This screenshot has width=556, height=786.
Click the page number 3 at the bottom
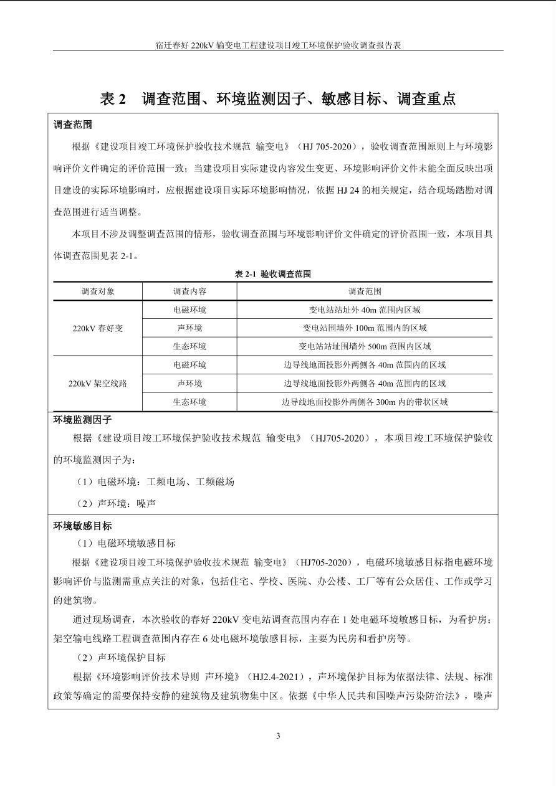(278, 736)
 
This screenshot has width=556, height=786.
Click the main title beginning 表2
(278, 98)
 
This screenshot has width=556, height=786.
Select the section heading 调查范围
(73, 125)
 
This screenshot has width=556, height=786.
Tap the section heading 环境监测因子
(82, 420)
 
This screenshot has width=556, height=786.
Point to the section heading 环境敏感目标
(82, 526)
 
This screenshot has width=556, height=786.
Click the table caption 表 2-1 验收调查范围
(272, 274)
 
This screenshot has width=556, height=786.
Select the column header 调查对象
(98, 291)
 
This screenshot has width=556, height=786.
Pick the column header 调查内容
(189, 291)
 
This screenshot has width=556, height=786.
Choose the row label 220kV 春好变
(98, 328)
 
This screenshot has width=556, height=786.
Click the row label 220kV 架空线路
(98, 384)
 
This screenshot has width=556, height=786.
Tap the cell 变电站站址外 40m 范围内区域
(365, 310)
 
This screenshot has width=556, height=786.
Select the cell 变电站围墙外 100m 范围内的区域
(365, 328)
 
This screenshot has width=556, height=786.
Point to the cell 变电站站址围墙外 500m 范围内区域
(365, 346)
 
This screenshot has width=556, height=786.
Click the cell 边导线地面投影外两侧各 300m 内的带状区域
(365, 402)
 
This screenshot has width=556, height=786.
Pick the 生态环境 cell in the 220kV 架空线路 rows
(189, 402)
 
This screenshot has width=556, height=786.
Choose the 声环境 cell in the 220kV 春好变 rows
(189, 328)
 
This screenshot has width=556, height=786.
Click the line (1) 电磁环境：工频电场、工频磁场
(155, 481)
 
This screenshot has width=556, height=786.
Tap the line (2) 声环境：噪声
(115, 503)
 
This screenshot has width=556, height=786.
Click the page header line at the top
(278, 45)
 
